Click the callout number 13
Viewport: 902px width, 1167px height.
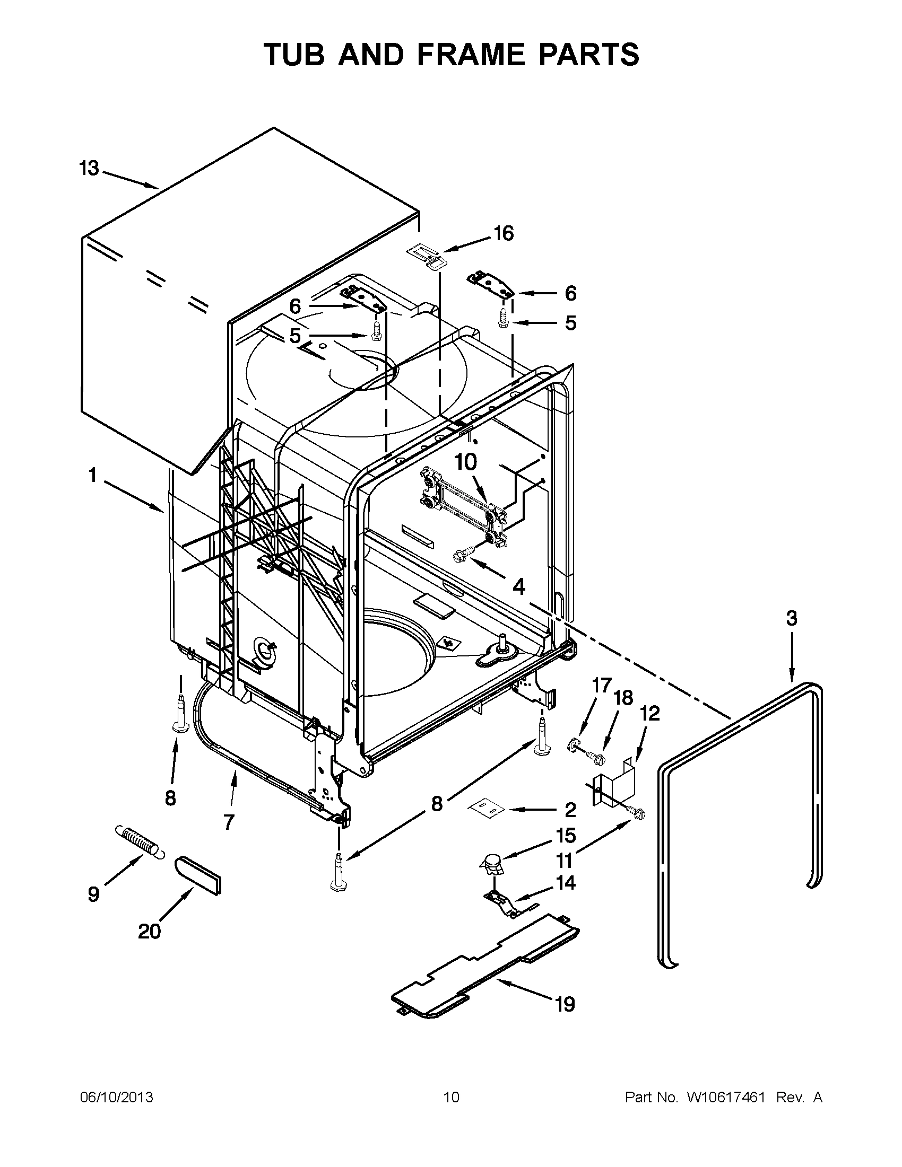pyautogui.click(x=89, y=168)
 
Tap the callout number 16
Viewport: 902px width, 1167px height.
pyautogui.click(x=503, y=233)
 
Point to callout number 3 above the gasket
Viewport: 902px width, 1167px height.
pyautogui.click(x=791, y=618)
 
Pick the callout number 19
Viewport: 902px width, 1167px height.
pyautogui.click(x=565, y=1004)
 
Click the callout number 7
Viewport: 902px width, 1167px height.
pyautogui.click(x=228, y=822)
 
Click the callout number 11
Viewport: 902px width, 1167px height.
pyautogui.click(x=565, y=861)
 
